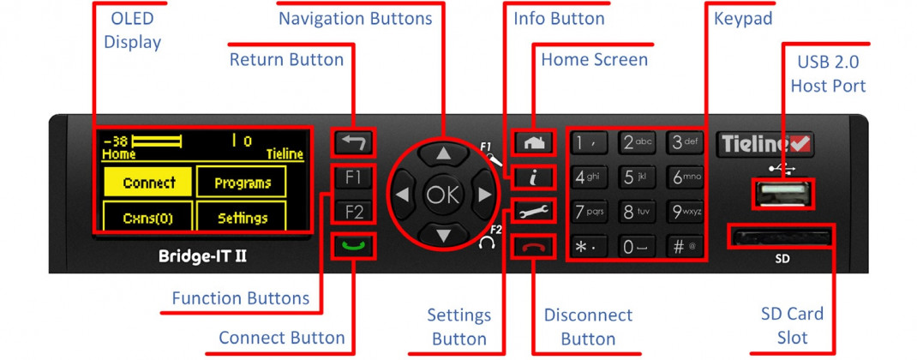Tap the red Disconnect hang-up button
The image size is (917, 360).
[x=533, y=247]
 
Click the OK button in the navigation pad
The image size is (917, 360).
[x=443, y=195]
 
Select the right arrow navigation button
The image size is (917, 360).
[x=483, y=195]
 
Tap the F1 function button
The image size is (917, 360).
[x=353, y=177]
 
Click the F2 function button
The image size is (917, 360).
[x=353, y=212]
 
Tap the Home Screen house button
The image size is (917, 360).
[x=533, y=143]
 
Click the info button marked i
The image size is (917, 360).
[x=533, y=178]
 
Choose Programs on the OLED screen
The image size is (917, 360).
[x=243, y=182]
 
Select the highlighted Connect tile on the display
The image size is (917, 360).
[x=148, y=182]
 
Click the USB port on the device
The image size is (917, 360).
[x=782, y=194]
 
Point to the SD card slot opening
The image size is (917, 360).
[x=780, y=237]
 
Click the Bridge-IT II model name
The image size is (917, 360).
[x=202, y=256]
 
